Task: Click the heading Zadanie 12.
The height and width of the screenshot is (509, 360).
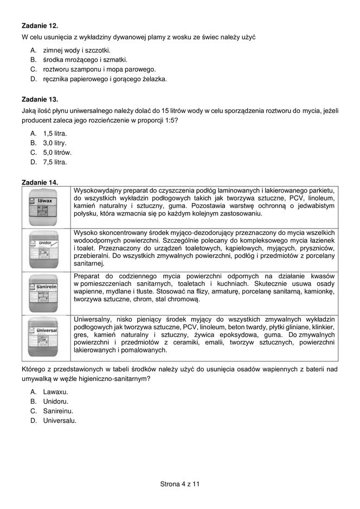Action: (x=39, y=26)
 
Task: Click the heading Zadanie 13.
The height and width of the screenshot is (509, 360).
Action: (x=39, y=100)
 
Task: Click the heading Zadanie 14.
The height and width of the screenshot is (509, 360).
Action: (x=39, y=182)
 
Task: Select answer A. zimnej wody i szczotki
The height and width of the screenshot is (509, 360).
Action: (x=71, y=49)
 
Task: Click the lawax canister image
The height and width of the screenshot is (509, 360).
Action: (x=47, y=206)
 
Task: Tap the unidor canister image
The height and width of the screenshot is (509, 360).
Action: (x=47, y=249)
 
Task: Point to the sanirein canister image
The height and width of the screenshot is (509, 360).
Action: (x=47, y=290)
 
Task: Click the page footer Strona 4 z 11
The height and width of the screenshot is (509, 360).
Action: (x=180, y=483)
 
